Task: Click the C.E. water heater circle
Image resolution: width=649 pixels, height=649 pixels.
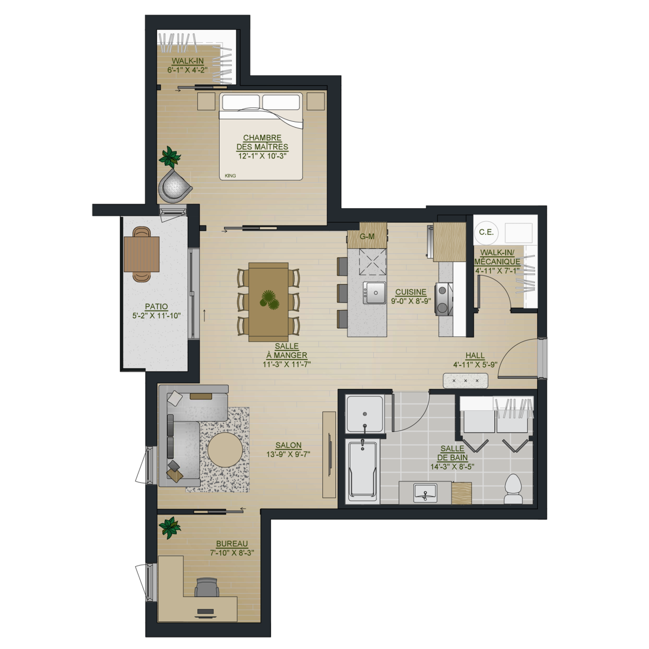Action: point(486,232)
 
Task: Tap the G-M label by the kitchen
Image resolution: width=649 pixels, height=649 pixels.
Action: point(367,236)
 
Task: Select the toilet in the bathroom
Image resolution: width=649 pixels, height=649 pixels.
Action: point(513,489)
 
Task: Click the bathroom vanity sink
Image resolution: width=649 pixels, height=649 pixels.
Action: point(425,492)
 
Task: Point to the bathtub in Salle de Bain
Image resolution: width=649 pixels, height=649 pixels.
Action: point(362,471)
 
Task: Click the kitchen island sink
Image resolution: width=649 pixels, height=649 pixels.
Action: point(374,293)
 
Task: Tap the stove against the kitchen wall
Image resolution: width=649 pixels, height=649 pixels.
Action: point(445,299)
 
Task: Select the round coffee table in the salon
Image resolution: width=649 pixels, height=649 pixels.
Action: point(224,449)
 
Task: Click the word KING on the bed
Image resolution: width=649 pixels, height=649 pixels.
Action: point(230,175)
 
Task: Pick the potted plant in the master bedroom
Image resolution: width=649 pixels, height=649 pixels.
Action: point(170,157)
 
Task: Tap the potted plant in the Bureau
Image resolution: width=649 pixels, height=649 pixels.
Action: point(170,527)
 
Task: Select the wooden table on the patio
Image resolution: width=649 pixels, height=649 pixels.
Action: point(142,254)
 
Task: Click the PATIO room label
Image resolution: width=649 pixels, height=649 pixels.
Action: point(156,307)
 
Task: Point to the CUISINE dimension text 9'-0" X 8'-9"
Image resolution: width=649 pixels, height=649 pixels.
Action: point(411,301)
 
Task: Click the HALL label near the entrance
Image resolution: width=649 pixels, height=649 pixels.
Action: point(475,355)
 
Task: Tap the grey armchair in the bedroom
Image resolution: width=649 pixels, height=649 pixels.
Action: point(175,186)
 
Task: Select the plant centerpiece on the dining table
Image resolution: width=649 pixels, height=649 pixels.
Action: point(269,300)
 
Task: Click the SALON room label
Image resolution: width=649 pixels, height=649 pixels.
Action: point(288,445)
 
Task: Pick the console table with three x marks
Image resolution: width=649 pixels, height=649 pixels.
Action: point(466,381)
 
